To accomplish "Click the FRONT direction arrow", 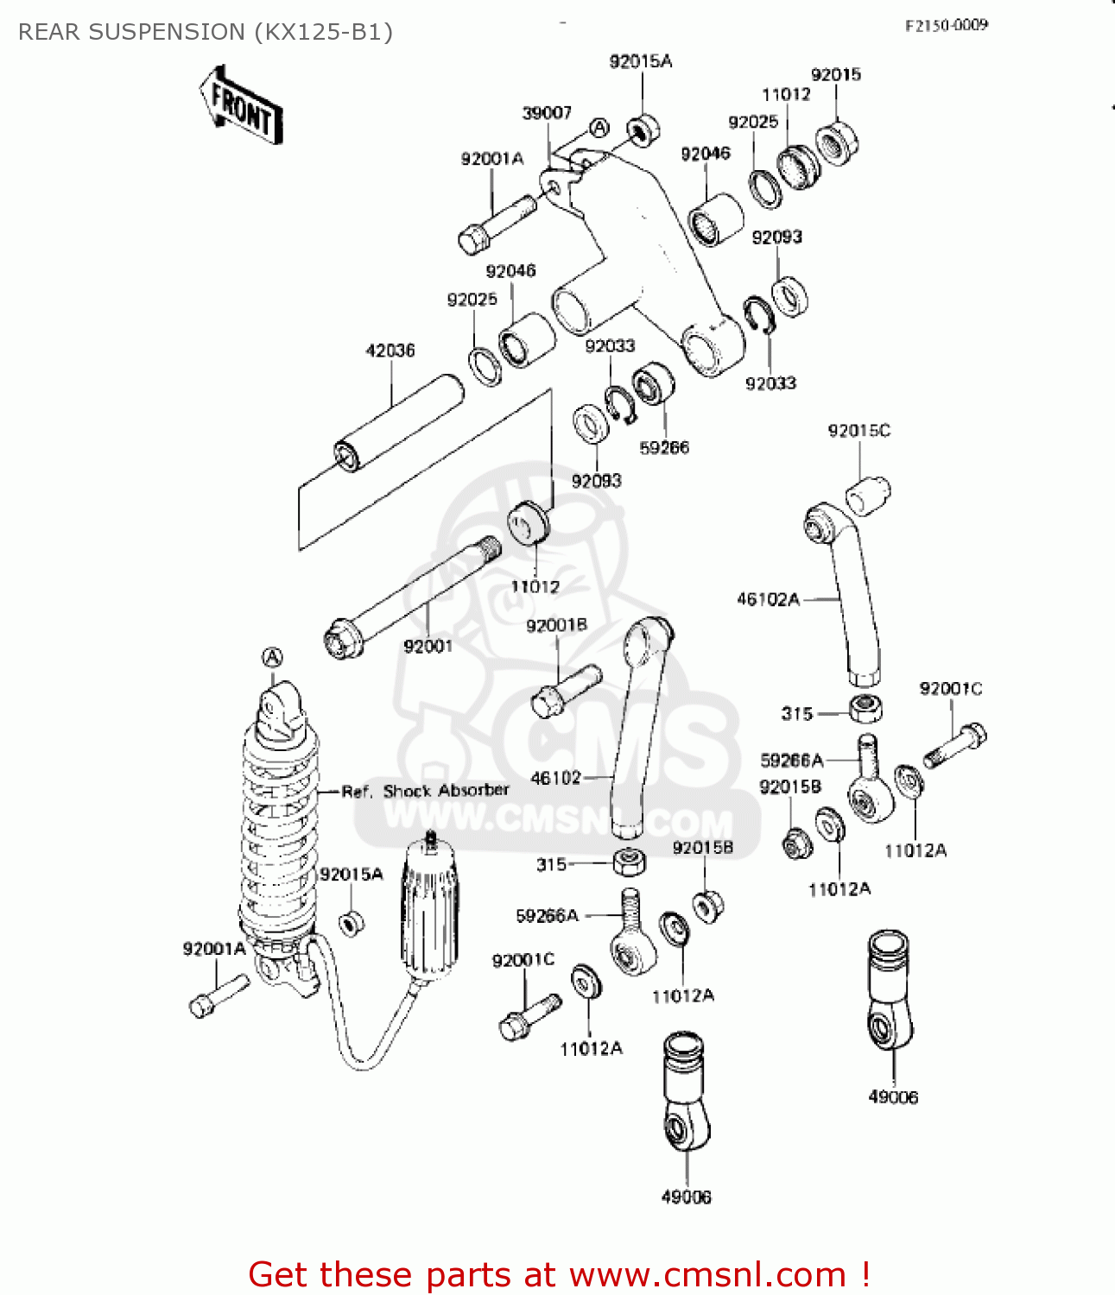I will (x=241, y=107).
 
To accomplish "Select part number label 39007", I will (x=547, y=113).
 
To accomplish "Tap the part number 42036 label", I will (x=390, y=351).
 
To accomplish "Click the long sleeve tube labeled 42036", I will (x=399, y=422).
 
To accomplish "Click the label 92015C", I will (x=858, y=431).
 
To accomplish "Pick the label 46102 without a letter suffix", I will (x=555, y=778).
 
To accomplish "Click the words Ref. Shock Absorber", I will (x=425, y=791).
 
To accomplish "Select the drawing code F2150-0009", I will (x=946, y=25).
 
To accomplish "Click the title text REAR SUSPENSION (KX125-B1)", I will (x=206, y=32).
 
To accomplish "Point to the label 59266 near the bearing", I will (x=663, y=447).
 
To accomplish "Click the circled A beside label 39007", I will (x=599, y=129).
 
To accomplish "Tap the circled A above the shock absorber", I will (x=272, y=659).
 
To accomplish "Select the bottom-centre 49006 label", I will (x=686, y=1197).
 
